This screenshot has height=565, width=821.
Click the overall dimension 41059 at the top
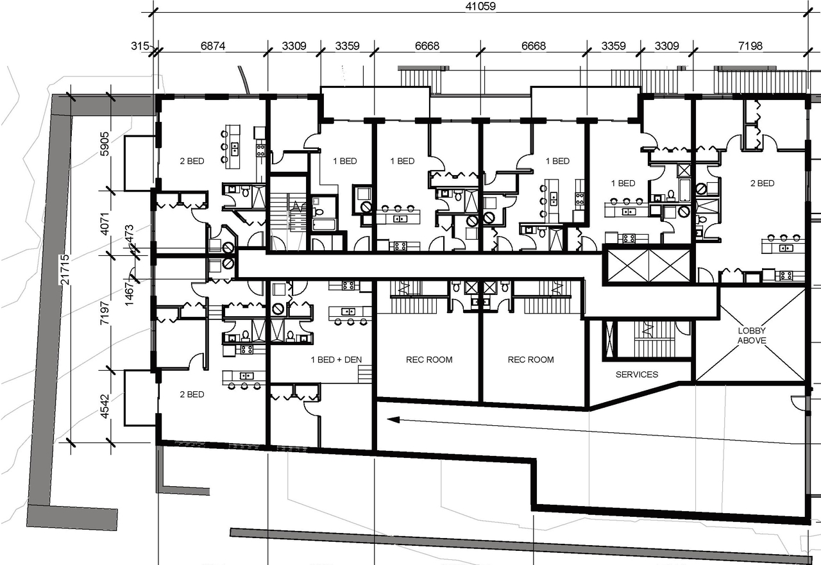(x=479, y=6)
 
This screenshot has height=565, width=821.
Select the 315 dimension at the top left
(x=139, y=46)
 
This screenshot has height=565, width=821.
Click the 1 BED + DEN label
(x=336, y=360)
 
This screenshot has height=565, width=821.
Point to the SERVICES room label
(x=636, y=374)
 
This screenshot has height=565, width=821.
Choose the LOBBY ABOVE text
(x=751, y=335)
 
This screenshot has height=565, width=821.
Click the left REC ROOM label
(x=429, y=360)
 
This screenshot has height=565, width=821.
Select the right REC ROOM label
(x=530, y=360)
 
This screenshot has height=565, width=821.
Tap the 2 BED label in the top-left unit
(x=191, y=161)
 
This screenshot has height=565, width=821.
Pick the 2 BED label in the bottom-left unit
(x=191, y=394)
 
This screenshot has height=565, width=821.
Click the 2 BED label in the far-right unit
(x=762, y=183)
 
